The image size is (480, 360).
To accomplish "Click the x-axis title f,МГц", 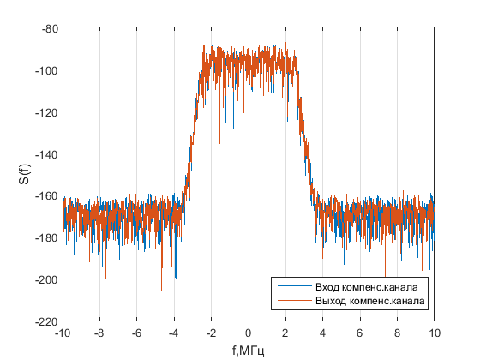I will point(248,350).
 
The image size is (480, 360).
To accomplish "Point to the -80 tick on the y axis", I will point(48,28).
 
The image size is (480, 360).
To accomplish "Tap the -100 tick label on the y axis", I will point(46,70).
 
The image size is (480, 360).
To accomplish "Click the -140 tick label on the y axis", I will point(46,153).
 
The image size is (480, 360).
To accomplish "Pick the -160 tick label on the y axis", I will point(46,195).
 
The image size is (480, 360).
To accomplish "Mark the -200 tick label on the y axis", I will point(46,279).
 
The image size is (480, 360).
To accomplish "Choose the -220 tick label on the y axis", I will point(46,321).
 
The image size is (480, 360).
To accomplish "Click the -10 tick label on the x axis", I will point(63,333).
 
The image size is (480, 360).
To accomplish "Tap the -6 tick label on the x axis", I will point(136,333).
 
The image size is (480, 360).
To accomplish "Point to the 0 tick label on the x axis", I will point(249,333).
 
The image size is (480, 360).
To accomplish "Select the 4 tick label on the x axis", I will point(323,333).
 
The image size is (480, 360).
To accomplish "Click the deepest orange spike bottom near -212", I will point(105,303).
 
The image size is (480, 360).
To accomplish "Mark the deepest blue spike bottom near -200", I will point(175,278).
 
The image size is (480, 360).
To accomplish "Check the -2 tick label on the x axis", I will point(210,333).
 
